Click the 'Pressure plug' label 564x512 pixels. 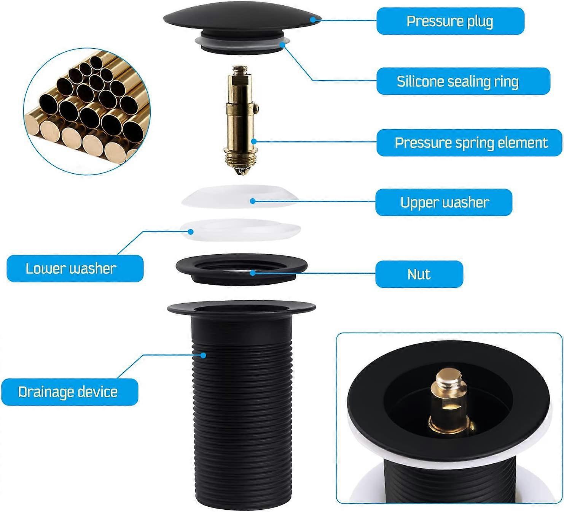(450, 21)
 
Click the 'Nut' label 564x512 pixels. (419, 274)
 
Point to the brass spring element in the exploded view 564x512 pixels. (240, 122)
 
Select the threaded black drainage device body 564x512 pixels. (241, 411)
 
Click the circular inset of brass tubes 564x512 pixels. (87, 111)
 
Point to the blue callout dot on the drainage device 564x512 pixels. (204, 355)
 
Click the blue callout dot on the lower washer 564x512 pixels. (191, 231)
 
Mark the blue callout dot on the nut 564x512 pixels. (252, 273)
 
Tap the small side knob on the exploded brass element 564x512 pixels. (258, 110)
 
